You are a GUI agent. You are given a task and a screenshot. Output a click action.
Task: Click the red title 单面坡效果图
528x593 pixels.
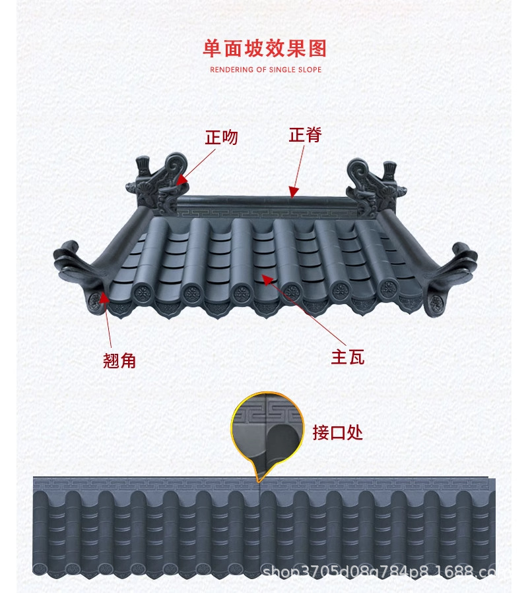click(265, 49)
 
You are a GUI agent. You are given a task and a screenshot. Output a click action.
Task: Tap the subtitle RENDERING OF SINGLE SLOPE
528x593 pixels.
click(265, 69)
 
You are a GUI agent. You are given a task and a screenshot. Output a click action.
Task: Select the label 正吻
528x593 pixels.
click(221, 137)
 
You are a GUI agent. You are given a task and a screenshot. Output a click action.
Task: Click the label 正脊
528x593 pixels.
click(305, 134)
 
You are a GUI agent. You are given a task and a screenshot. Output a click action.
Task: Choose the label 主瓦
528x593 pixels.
click(347, 357)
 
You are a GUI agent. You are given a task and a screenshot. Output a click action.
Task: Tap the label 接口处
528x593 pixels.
click(337, 432)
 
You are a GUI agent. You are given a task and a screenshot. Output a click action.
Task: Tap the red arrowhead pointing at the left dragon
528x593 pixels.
click(181, 178)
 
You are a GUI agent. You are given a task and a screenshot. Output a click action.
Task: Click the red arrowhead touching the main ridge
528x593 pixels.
click(292, 192)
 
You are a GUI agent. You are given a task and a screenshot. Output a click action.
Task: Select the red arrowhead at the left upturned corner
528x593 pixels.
click(104, 301)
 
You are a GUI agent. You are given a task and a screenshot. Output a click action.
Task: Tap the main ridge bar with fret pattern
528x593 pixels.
click(264, 210)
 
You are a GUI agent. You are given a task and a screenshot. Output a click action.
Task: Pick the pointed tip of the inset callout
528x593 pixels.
click(259, 480)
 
